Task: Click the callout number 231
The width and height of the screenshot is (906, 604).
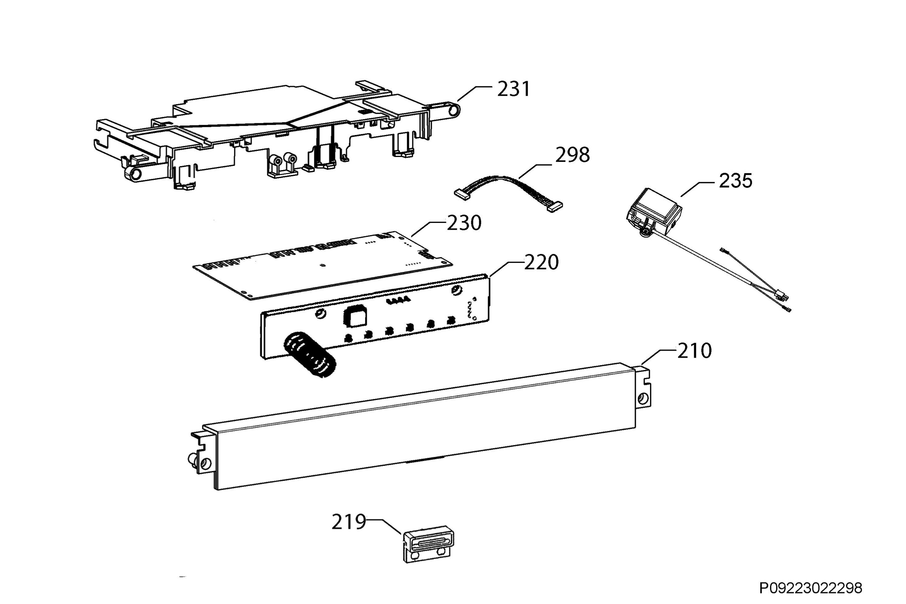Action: tap(513, 89)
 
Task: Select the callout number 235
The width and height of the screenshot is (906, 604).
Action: tap(735, 181)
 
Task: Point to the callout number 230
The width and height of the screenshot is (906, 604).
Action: tap(464, 223)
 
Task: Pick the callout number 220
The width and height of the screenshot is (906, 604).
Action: tap(541, 263)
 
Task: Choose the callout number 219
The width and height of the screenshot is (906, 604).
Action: tap(349, 522)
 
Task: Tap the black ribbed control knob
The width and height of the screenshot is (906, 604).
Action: tap(310, 355)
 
